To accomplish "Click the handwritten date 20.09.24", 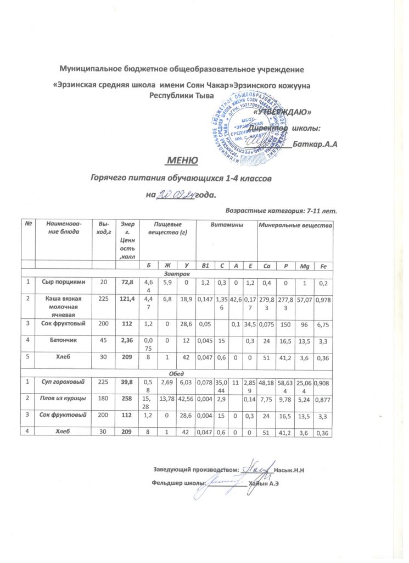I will [x=176, y=194].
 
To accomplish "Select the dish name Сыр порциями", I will [x=63, y=282].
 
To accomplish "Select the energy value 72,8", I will [x=127, y=282].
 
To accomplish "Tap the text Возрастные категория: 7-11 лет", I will [x=281, y=210].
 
